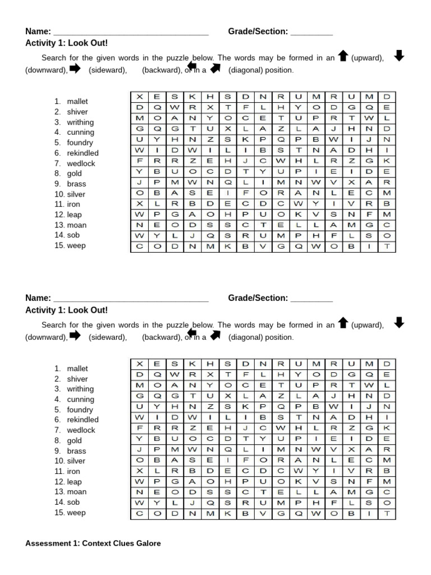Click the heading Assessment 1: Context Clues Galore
93,544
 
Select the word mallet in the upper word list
77,102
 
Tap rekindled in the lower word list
82,420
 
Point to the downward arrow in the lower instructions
399,322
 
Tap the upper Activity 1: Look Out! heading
66,43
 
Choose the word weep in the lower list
76,513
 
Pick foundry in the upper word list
80,143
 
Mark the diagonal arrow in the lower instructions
214,336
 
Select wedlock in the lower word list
81,430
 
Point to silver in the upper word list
76,194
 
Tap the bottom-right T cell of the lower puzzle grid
387,513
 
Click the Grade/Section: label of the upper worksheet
258,31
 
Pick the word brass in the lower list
77,451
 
